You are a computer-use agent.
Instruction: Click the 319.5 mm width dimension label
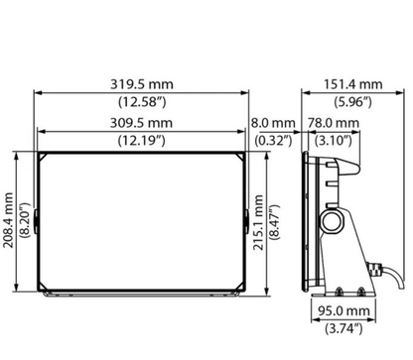[142, 84]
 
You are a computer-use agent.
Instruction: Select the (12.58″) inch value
[142, 102]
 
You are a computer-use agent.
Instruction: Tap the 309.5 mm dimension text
[141, 123]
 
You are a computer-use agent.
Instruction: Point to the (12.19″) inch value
[141, 141]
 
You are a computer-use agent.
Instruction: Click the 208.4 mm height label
[8, 220]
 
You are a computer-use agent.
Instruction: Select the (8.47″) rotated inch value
[274, 222]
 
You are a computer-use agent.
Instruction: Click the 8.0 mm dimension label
[273, 123]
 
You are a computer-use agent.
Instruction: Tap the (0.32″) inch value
[273, 141]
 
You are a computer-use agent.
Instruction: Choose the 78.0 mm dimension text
[334, 123]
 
